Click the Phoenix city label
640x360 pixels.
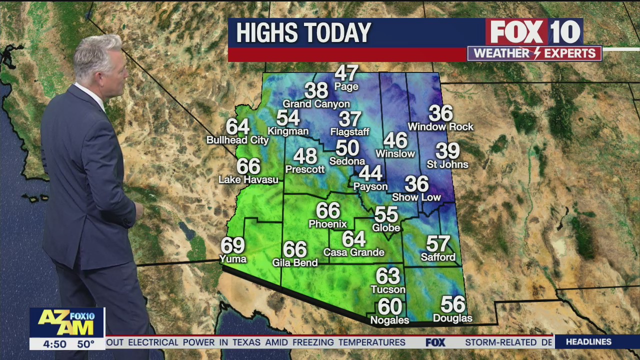point(327,224)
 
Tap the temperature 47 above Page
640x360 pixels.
point(346,73)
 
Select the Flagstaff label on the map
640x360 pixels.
point(349,132)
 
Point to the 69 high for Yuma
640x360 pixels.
point(232,245)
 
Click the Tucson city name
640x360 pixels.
point(387,289)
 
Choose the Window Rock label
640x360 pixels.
point(440,127)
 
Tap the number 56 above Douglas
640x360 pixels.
point(452,304)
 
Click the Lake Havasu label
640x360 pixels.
point(248,179)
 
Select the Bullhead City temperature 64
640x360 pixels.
point(237,126)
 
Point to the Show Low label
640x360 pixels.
point(416,197)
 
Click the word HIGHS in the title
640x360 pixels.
point(267,33)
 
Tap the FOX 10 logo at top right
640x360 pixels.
point(534,32)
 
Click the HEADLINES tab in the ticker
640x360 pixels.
point(588,342)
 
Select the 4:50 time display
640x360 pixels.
point(54,344)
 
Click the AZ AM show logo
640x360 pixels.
point(66,322)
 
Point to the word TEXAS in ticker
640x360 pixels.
point(244,342)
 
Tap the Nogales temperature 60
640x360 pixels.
point(389,306)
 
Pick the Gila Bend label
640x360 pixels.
point(294,262)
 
